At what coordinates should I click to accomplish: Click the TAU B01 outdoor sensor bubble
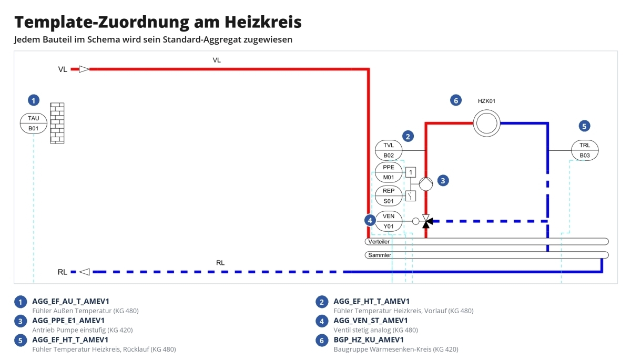(x=34, y=124)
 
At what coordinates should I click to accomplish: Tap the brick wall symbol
(x=57, y=124)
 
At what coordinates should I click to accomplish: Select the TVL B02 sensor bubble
(x=389, y=150)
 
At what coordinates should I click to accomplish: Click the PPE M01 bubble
(x=389, y=172)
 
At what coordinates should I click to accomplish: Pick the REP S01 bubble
(x=389, y=196)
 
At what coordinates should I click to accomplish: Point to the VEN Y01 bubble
(x=389, y=221)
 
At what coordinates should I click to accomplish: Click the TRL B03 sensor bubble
(x=585, y=150)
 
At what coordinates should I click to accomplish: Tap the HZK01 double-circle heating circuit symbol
(x=486, y=124)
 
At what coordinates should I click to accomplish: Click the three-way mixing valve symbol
(x=426, y=221)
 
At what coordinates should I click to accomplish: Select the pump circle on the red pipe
(x=425, y=184)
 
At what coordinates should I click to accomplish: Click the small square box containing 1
(x=411, y=172)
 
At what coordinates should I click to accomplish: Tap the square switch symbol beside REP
(x=411, y=196)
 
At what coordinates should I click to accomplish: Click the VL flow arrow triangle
(x=84, y=69)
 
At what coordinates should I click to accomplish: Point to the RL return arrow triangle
(x=85, y=272)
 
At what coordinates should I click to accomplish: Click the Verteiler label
(x=379, y=242)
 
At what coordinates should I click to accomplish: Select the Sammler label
(x=380, y=255)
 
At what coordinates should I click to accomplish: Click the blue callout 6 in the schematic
(x=456, y=100)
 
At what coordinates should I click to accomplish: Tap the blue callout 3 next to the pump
(x=443, y=181)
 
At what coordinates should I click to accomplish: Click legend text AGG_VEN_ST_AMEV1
(x=371, y=320)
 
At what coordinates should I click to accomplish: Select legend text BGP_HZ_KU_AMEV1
(x=369, y=340)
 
